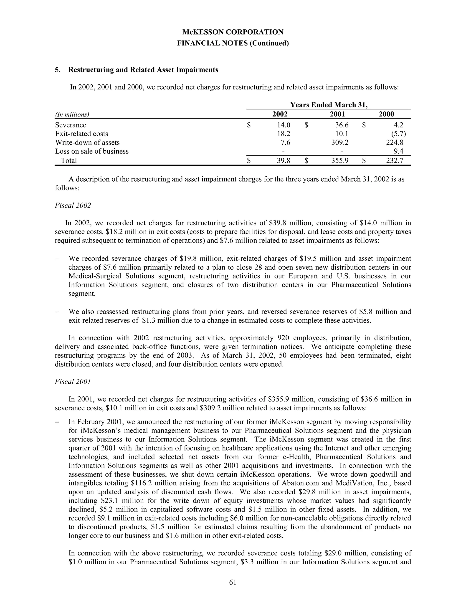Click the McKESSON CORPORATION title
click(x=233, y=32)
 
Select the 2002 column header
click(x=280, y=114)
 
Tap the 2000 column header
click(x=386, y=114)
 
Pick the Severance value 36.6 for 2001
click(x=342, y=125)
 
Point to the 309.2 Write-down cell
click(x=340, y=142)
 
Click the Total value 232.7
click(x=395, y=160)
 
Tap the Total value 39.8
click(x=284, y=160)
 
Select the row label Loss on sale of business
click(x=92, y=151)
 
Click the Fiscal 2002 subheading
click(x=73, y=205)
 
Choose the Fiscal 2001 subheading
click(x=73, y=382)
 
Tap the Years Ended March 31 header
click(x=329, y=105)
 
